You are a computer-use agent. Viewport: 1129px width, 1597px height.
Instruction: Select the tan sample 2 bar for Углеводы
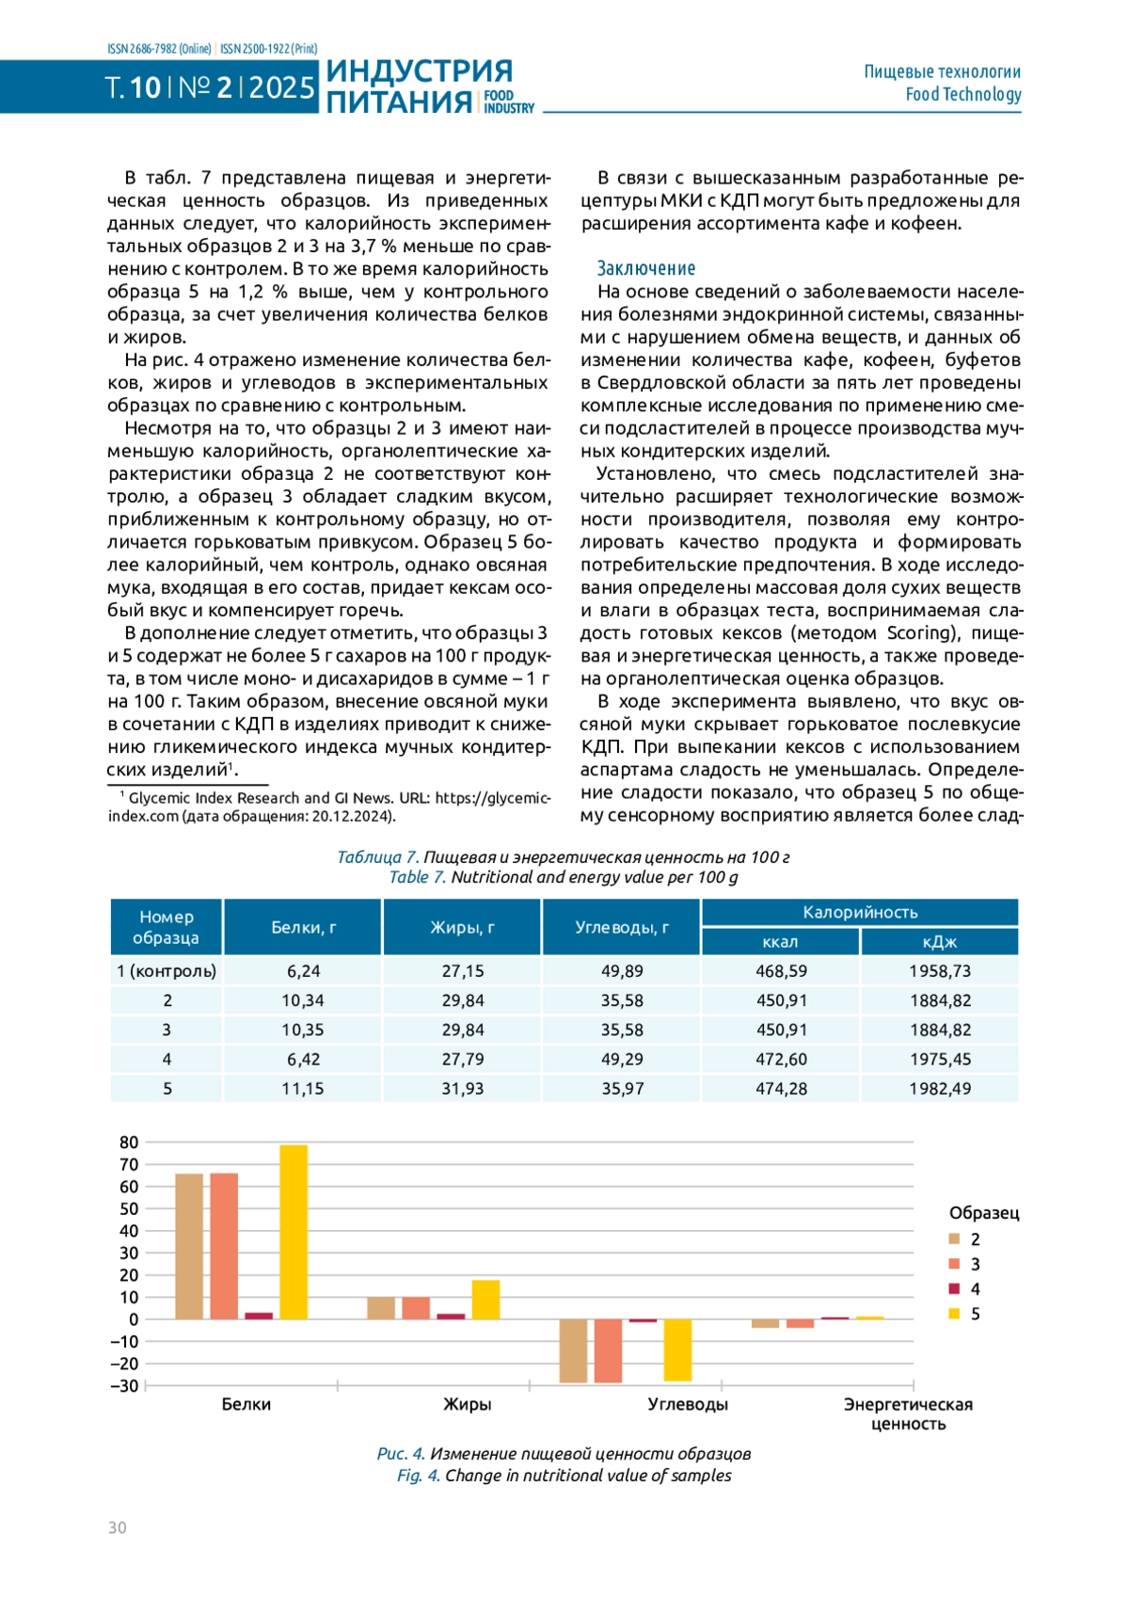573,1350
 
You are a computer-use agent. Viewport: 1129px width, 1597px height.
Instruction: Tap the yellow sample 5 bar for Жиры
485,1300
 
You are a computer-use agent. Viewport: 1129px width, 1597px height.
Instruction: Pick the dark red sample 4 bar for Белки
259,1316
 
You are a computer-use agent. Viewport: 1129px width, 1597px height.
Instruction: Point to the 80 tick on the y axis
129,1142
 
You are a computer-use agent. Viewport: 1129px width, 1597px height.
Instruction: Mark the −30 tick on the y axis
125,1385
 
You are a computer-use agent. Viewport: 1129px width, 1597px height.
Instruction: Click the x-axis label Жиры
468,1404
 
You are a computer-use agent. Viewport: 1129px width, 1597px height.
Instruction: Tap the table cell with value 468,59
781,971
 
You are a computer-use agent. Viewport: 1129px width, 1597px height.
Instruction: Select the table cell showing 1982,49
940,1089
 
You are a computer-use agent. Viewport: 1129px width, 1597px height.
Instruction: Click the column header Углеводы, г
622,927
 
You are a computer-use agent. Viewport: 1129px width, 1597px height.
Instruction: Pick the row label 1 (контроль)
167,971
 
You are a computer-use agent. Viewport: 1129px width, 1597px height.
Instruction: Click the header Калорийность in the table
860,912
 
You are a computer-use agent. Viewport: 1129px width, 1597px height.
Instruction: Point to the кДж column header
940,942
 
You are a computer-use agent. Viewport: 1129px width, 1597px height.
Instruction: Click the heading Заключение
646,268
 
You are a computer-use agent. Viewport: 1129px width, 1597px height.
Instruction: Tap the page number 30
117,1527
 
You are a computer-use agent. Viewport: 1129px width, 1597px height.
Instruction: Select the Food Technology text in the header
962,94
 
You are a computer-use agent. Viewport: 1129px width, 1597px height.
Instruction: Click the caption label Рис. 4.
401,1453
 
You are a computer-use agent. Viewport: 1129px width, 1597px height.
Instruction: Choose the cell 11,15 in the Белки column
303,1089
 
